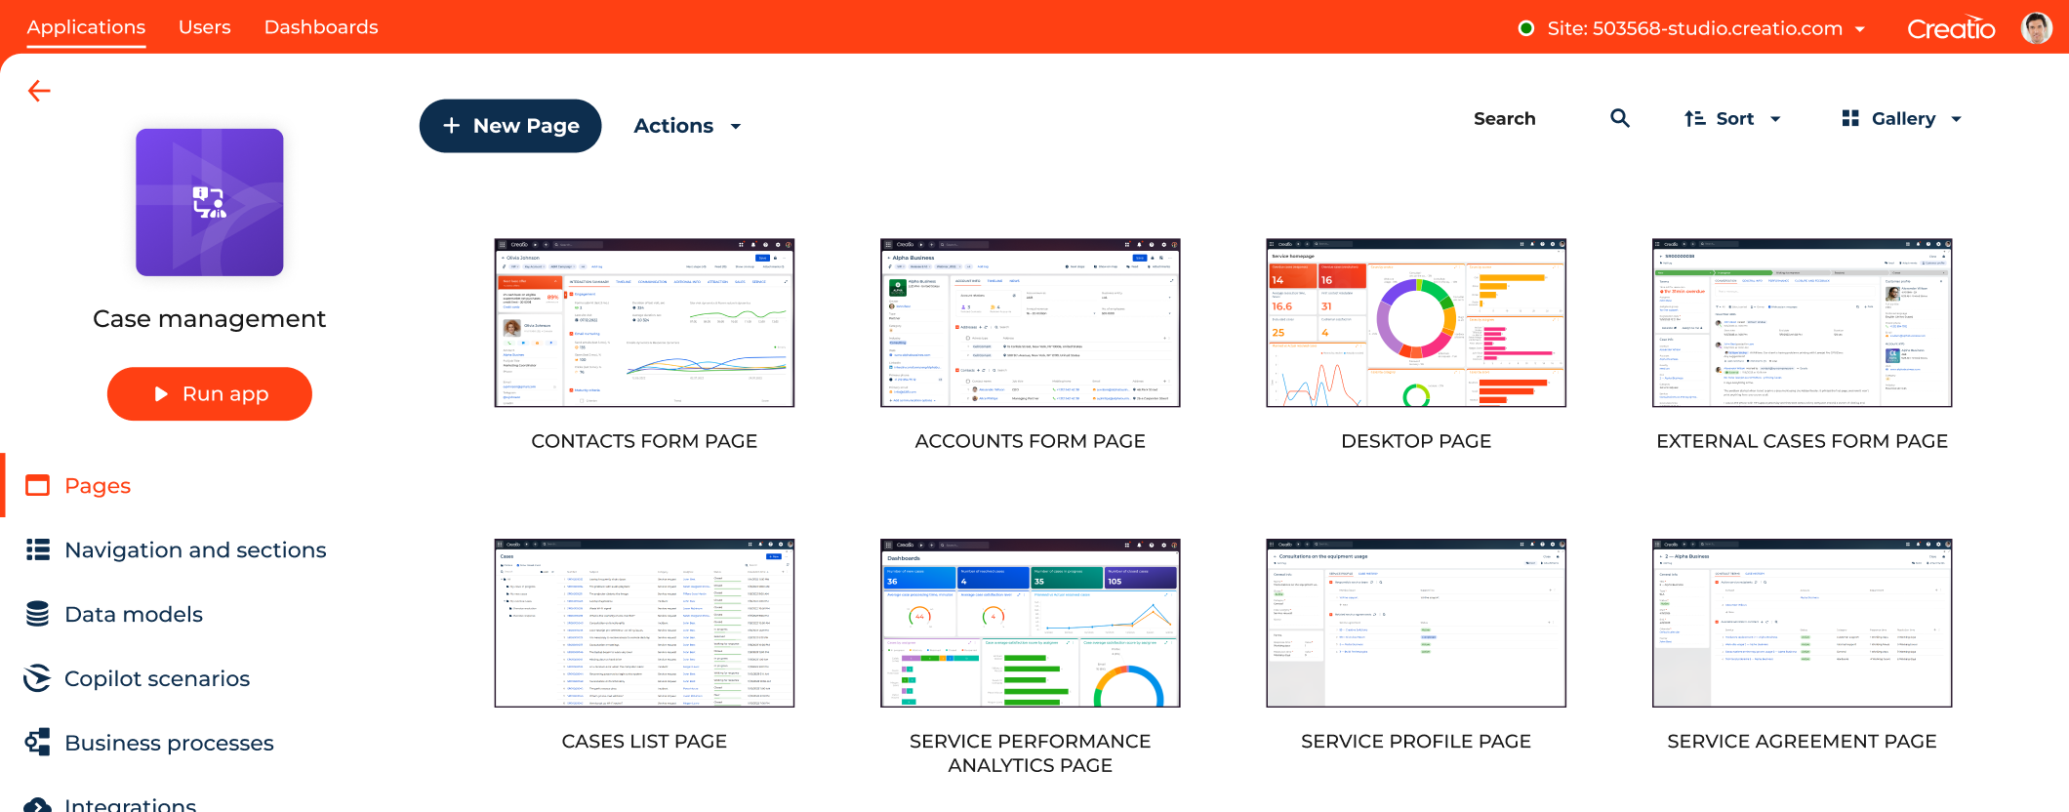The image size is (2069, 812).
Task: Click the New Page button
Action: coord(510,126)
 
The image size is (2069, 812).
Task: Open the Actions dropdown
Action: coord(687,126)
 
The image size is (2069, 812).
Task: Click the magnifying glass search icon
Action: coord(1620,118)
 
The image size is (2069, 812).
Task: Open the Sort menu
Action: coord(1733,118)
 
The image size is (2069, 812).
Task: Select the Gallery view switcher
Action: coord(1901,118)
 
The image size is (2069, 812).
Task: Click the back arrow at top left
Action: coord(39,91)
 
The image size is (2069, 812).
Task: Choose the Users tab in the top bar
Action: coord(205,27)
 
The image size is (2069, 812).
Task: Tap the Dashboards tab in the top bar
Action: coord(321,27)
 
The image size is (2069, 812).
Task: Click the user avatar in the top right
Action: coord(2036,28)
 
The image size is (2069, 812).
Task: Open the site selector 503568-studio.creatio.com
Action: coord(1694,28)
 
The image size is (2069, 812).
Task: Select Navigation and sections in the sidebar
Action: coord(195,549)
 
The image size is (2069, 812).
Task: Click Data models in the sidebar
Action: coord(134,614)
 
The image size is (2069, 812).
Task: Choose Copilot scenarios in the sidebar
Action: coord(157,678)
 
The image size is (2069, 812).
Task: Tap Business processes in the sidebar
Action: coord(169,743)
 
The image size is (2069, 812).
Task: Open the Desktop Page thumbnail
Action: coord(1416,323)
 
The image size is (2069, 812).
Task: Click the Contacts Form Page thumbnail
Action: coord(644,323)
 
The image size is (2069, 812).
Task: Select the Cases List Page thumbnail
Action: coord(644,623)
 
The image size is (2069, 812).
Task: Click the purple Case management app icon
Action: coord(210,202)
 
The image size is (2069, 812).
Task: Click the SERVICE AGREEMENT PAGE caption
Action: coord(1802,741)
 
